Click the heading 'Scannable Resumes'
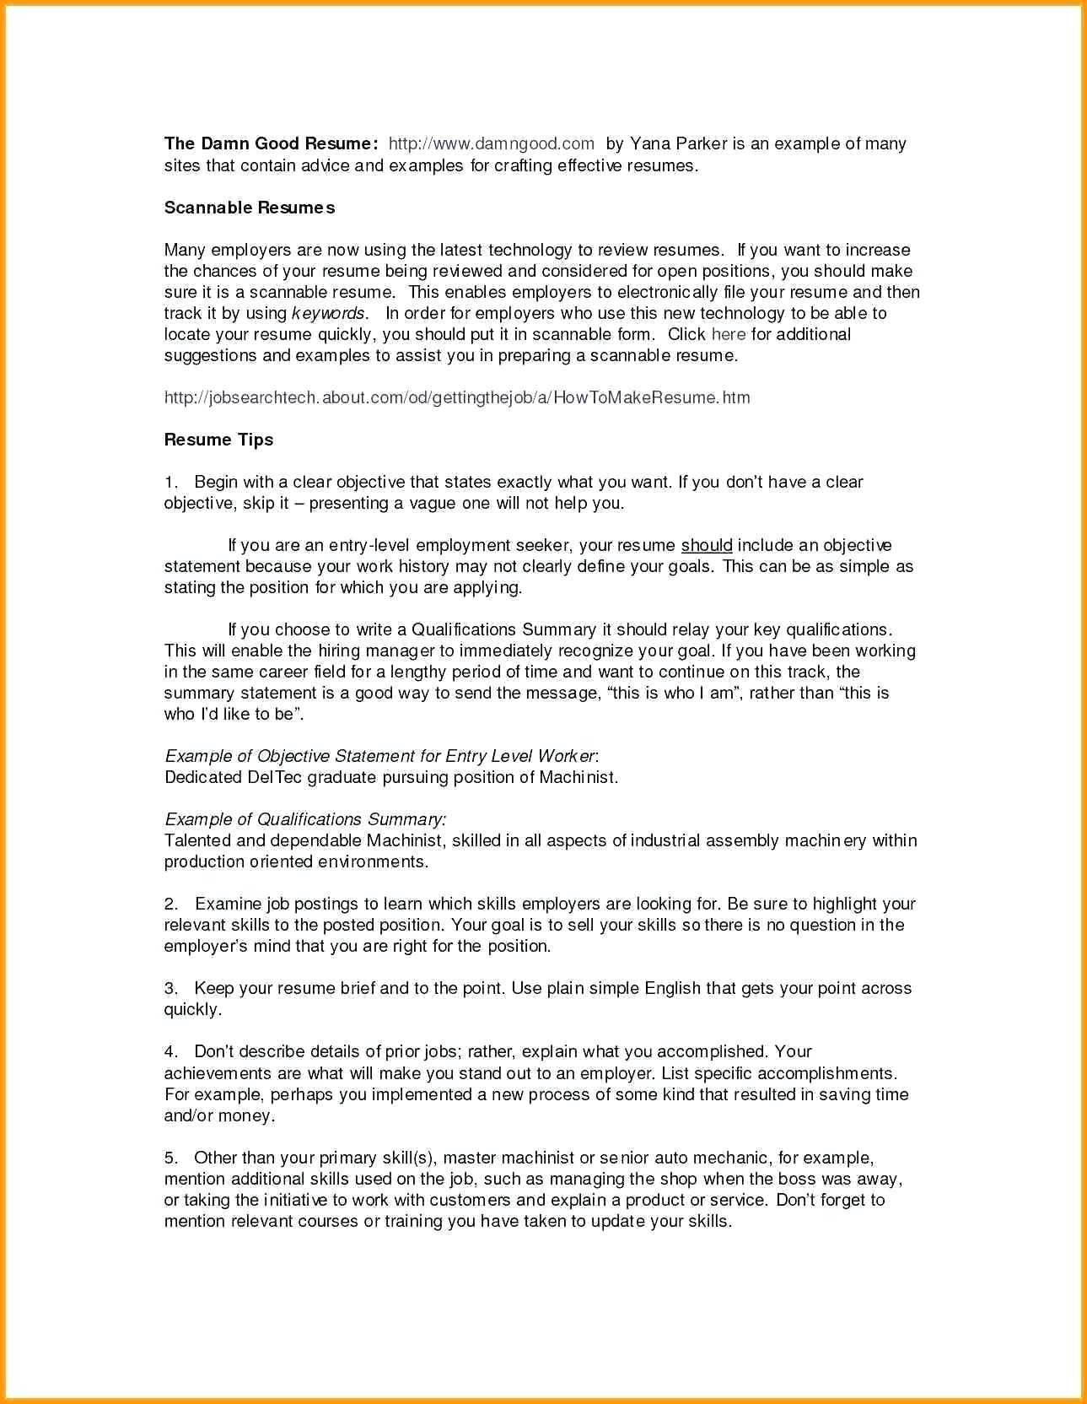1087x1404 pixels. (249, 208)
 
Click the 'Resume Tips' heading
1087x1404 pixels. (218, 440)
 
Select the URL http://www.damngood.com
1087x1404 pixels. (491, 143)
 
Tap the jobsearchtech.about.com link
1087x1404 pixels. (456, 397)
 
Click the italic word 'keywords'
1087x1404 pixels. (328, 313)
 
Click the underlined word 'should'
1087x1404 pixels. (707, 545)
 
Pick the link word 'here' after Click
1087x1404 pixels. (728, 334)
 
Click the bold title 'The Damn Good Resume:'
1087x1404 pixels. (270, 143)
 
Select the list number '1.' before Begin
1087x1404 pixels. (171, 483)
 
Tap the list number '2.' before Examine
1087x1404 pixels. (171, 904)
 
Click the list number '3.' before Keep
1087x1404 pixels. (171, 988)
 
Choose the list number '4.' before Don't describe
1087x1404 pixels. (171, 1052)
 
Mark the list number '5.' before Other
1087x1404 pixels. (171, 1158)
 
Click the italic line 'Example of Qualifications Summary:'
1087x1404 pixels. (305, 819)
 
